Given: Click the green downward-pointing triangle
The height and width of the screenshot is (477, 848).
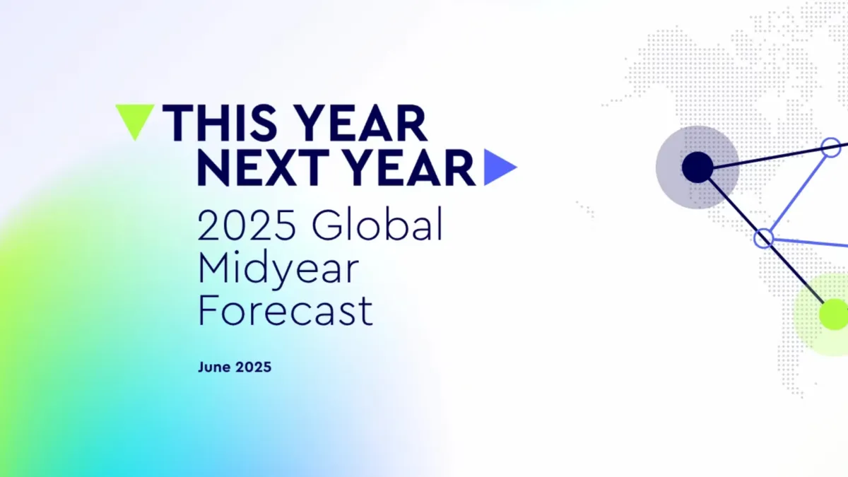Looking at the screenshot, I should (x=134, y=119).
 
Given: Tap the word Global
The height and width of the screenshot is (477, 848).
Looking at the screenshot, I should (x=377, y=226).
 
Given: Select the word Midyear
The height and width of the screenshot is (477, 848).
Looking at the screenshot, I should (x=278, y=271).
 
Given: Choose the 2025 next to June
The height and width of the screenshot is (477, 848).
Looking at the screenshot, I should (x=253, y=367).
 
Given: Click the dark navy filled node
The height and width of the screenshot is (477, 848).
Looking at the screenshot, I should (x=697, y=167).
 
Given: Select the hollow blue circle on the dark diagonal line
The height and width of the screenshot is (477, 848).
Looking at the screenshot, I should (x=763, y=237).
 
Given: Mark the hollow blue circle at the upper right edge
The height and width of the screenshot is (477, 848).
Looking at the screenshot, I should (x=832, y=148).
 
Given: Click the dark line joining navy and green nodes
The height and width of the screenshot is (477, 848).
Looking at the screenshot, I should (x=799, y=275).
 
